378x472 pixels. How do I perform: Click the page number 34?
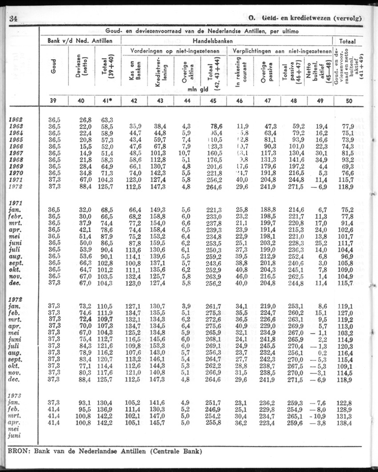[12, 19]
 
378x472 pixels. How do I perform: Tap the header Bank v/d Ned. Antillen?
[83, 40]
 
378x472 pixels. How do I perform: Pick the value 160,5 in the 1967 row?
[215, 153]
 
